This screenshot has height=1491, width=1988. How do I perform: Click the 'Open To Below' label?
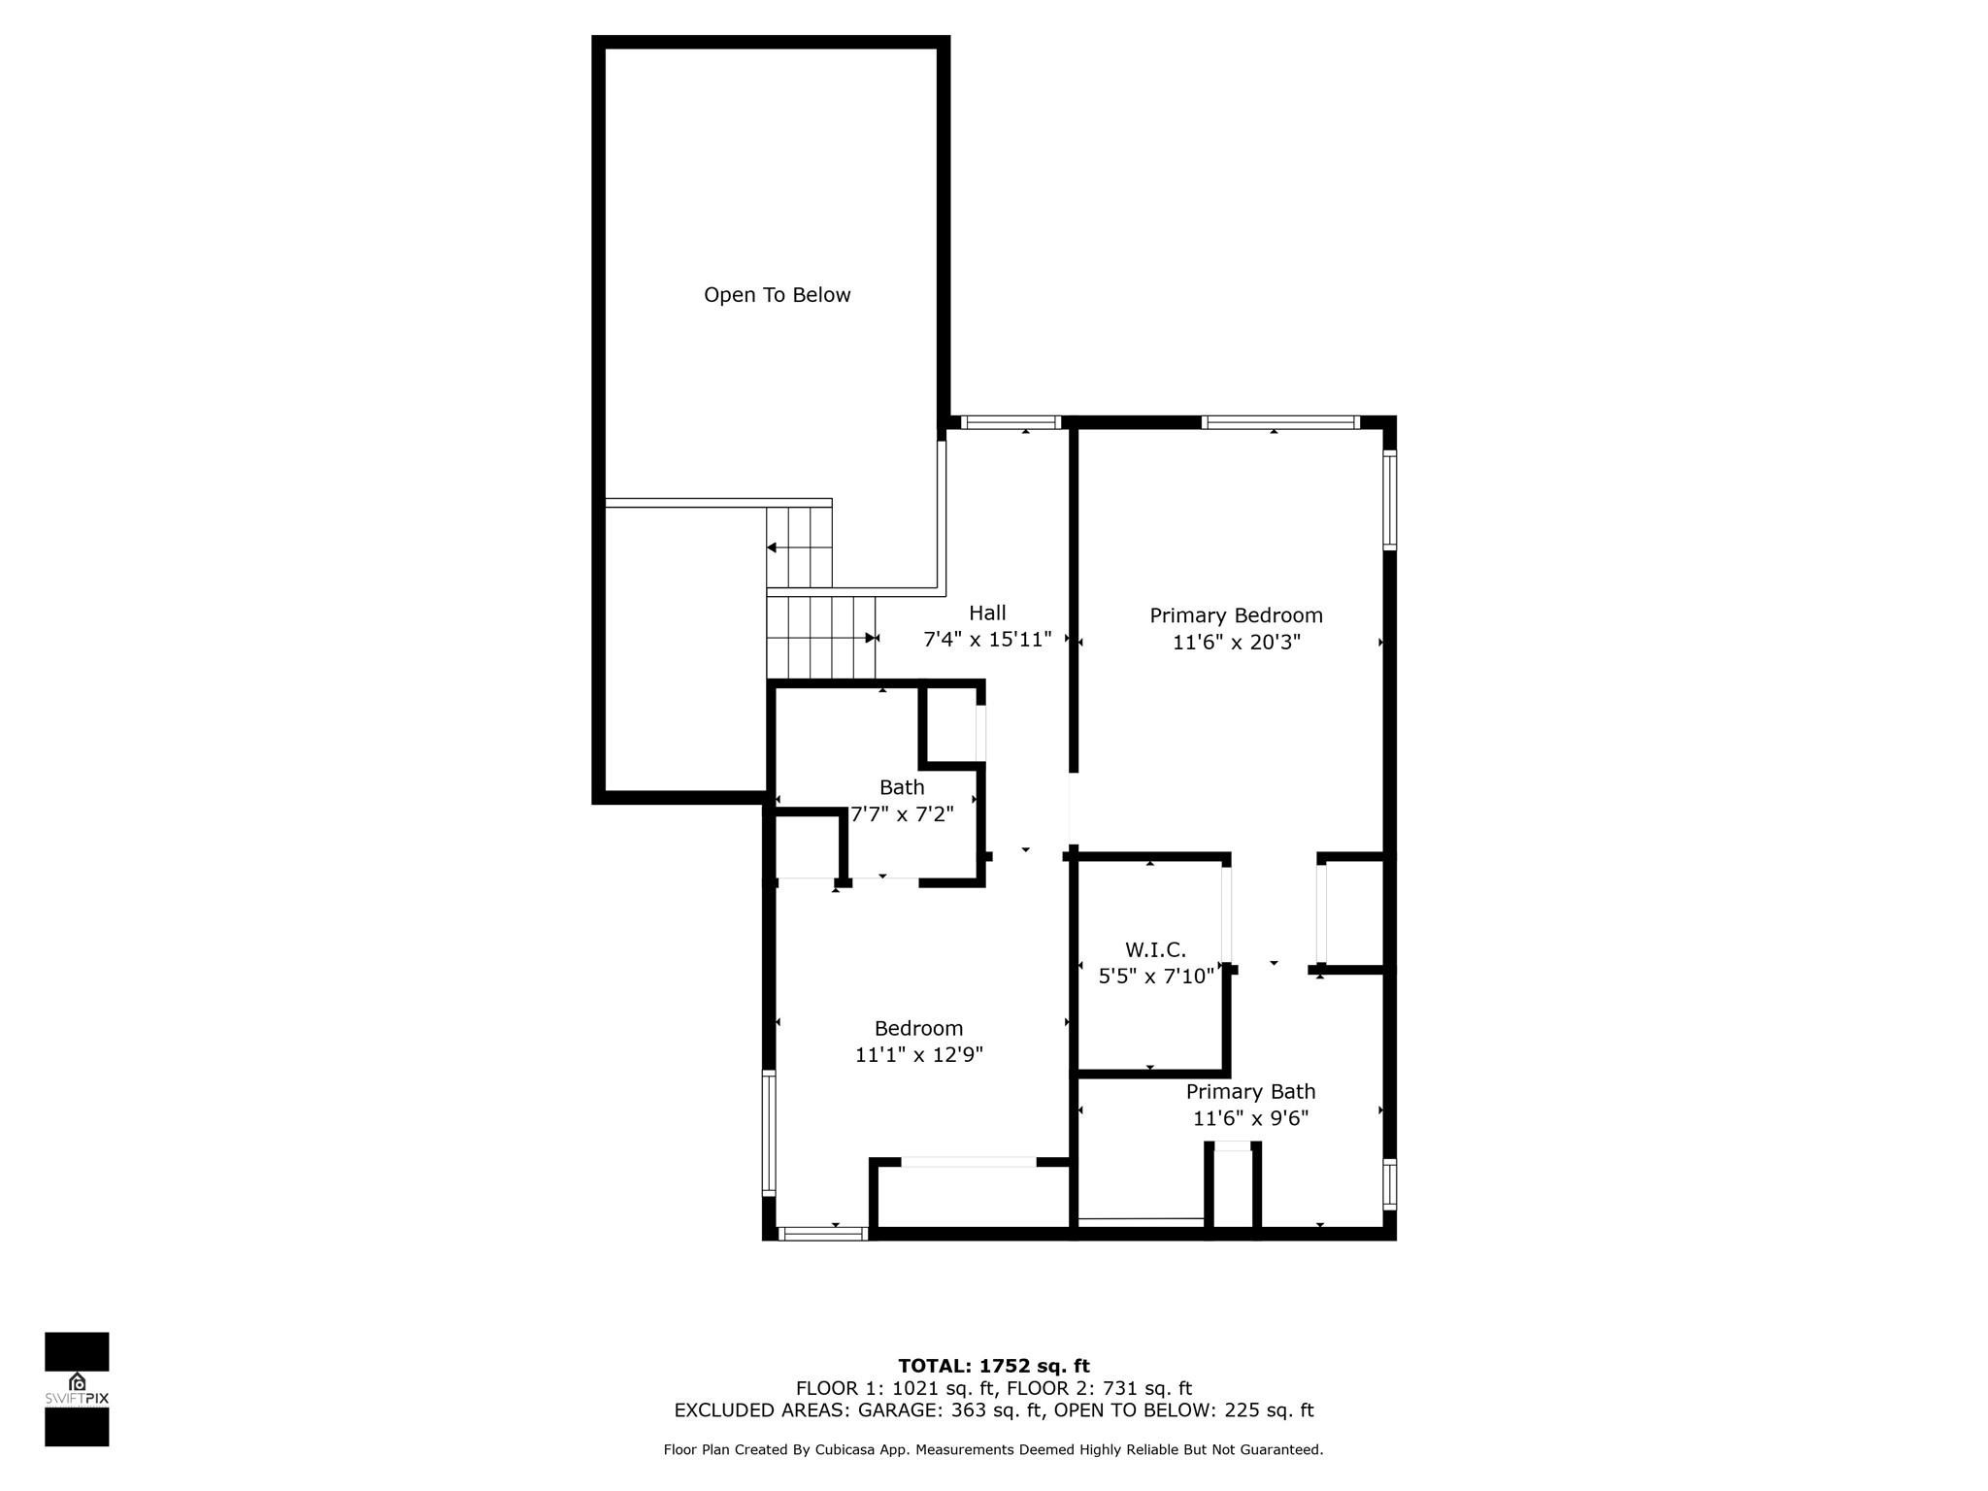[777, 295]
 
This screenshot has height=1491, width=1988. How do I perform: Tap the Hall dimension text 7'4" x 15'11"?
[987, 640]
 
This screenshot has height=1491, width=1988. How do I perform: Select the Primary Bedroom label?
[1236, 615]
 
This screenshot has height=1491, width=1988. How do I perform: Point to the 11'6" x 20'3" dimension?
[1236, 643]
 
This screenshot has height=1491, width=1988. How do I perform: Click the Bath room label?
[902, 787]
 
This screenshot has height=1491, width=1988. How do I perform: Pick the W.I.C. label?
[1155, 949]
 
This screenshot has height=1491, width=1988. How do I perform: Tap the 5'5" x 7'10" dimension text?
[1155, 977]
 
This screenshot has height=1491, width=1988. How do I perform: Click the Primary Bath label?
[1250, 1091]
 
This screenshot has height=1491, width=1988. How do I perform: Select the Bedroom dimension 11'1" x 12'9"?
[918, 1055]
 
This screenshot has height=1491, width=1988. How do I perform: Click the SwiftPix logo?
[77, 1389]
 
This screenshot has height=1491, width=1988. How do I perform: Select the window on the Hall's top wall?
[1011, 422]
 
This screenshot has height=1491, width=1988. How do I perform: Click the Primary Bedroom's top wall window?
[1279, 422]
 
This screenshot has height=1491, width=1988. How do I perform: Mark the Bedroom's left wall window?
[769, 1132]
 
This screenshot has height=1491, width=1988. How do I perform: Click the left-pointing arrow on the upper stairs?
[773, 548]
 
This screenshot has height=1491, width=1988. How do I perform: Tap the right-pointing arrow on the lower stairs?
[870, 638]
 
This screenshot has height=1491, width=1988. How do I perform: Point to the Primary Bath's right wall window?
[1389, 1184]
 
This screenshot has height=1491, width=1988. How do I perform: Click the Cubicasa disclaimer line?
[993, 1450]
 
